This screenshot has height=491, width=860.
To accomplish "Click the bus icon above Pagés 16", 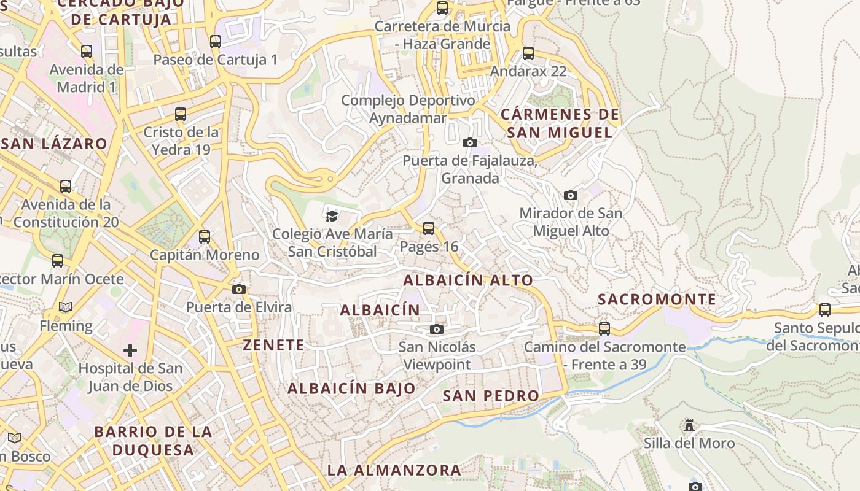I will [429, 228].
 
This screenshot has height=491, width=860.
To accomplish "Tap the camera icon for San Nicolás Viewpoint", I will [437, 329].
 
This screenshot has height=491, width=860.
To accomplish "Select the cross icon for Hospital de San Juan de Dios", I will [130, 350].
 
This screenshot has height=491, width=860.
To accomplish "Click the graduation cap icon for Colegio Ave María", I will [332, 215].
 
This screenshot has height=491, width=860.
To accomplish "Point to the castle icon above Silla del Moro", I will [689, 425].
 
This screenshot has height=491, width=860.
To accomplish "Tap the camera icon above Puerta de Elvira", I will [239, 289].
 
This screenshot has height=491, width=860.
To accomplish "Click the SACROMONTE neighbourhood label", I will [657, 300].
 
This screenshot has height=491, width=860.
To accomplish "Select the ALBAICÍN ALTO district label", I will [468, 280].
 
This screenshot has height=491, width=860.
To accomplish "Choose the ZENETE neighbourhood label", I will [273, 345].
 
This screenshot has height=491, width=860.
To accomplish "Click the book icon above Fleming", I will [66, 307].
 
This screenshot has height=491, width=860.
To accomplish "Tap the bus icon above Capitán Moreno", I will [205, 236].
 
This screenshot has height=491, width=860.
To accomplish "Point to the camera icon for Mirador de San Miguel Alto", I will [571, 195].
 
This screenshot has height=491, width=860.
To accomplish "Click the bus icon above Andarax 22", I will [528, 53].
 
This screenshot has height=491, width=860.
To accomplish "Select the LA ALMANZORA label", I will [394, 470].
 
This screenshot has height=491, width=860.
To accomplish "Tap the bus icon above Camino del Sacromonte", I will [604, 328].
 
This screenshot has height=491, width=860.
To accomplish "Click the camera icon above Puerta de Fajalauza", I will [470, 142].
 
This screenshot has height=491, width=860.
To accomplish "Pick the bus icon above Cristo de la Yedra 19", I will [181, 114].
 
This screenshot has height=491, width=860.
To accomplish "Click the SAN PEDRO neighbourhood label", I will [491, 396].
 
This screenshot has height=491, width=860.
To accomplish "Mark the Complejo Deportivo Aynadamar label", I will [408, 109].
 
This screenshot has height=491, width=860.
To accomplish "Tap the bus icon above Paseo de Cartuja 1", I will [216, 42].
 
